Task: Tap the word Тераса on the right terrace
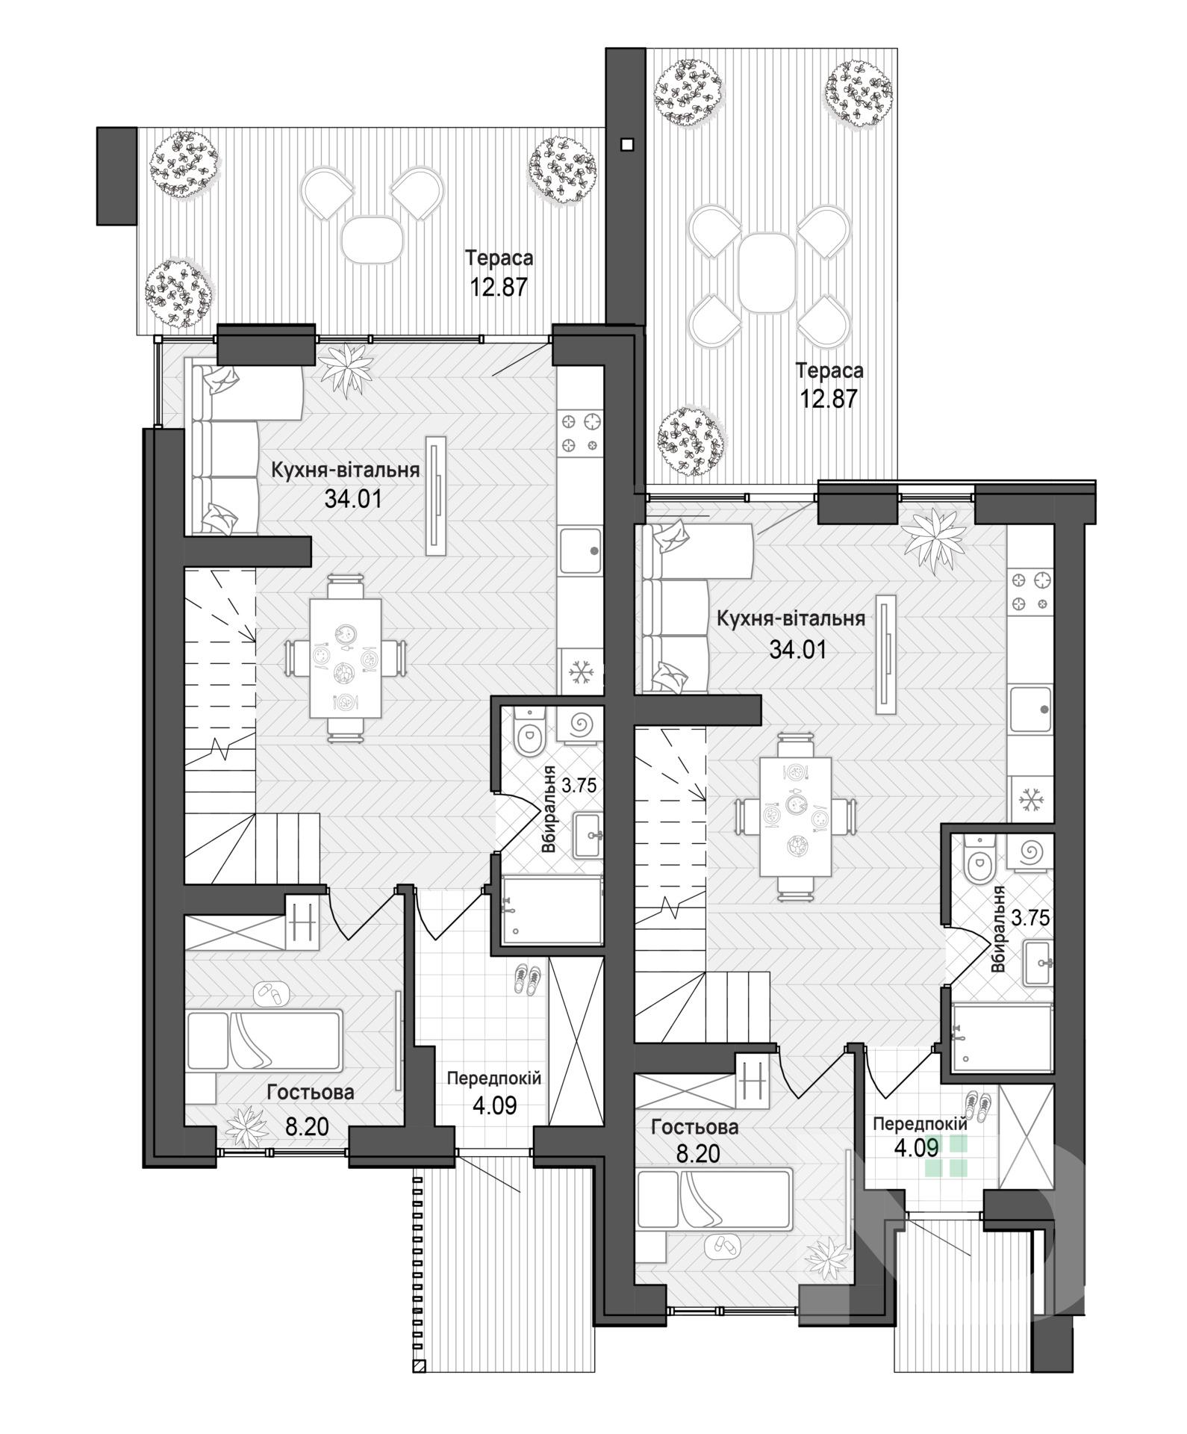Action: [x=829, y=370]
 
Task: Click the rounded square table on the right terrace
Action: [x=768, y=273]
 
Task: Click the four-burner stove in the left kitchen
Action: [x=581, y=433]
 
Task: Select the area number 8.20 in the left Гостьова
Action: [x=307, y=1126]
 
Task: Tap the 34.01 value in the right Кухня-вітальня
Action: [x=798, y=649]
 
